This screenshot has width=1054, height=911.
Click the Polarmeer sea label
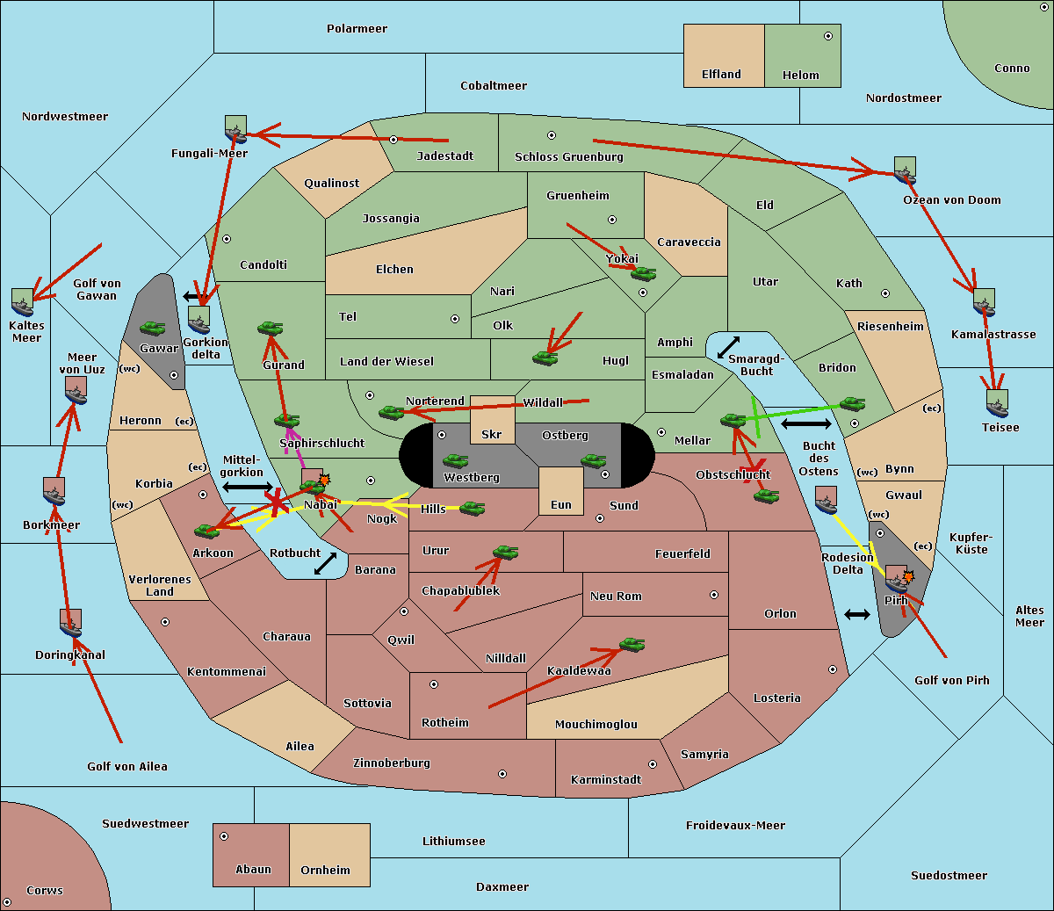click(357, 29)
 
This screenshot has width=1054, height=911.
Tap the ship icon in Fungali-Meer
click(235, 128)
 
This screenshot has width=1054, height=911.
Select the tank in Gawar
click(153, 328)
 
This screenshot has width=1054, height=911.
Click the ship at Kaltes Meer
click(23, 302)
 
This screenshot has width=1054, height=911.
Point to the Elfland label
click(721, 75)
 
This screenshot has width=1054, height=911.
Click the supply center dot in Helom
click(828, 36)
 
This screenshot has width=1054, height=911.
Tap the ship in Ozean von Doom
click(905, 170)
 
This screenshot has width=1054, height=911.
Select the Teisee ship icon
click(997, 404)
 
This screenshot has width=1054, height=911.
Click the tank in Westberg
click(455, 461)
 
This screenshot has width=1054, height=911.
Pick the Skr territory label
click(492, 434)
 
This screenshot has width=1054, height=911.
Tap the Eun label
click(561, 504)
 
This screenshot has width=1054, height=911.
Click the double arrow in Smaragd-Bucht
click(728, 347)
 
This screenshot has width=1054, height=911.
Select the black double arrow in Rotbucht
click(325, 564)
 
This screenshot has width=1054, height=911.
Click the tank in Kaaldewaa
click(632, 645)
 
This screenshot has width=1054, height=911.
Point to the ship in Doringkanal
click(71, 623)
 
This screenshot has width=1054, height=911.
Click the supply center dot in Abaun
click(224, 836)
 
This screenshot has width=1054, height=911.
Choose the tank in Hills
click(473, 508)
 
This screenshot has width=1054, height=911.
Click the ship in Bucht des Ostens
click(826, 500)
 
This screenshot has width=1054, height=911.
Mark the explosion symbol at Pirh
click(908, 577)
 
